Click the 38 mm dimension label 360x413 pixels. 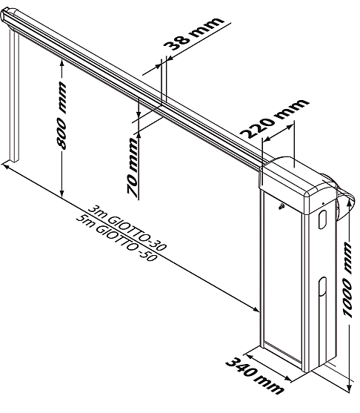tap(193, 33)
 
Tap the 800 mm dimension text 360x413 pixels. tap(61, 116)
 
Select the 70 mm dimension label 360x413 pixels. tap(133, 167)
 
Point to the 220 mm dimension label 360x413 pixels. tap(274, 118)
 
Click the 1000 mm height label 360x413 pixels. tap(347, 280)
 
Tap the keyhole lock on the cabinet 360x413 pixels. tap(281, 206)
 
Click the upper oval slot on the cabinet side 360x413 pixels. tap(322, 219)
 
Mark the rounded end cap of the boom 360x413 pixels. tap(7, 15)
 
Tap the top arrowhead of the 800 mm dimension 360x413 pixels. tap(61, 63)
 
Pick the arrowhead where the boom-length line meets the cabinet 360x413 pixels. tap(256, 309)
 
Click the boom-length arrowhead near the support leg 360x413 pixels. tap(5, 166)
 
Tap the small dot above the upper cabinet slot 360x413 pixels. tap(323, 203)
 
